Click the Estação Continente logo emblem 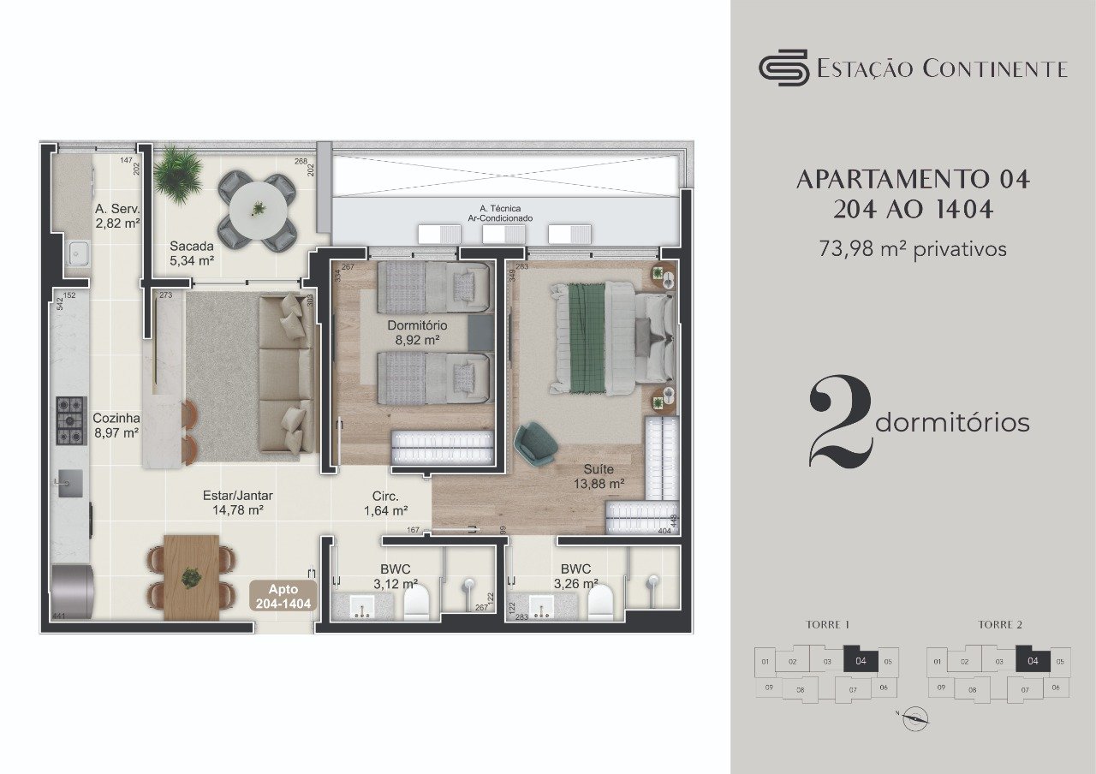pyautogui.click(x=783, y=68)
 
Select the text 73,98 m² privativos pyautogui.click(x=913, y=249)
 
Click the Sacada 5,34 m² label pyautogui.click(x=191, y=253)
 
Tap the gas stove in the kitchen pyautogui.click(x=71, y=420)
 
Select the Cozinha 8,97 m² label pyautogui.click(x=116, y=426)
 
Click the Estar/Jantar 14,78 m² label pyautogui.click(x=232, y=503)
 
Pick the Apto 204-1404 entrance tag pyautogui.click(x=283, y=596)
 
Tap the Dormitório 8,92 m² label pyautogui.click(x=417, y=332)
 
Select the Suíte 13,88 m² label pyautogui.click(x=598, y=476)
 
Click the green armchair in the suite pyautogui.click(x=536, y=444)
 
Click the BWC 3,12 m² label pyautogui.click(x=395, y=577)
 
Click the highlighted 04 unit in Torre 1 pyautogui.click(x=861, y=660)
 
